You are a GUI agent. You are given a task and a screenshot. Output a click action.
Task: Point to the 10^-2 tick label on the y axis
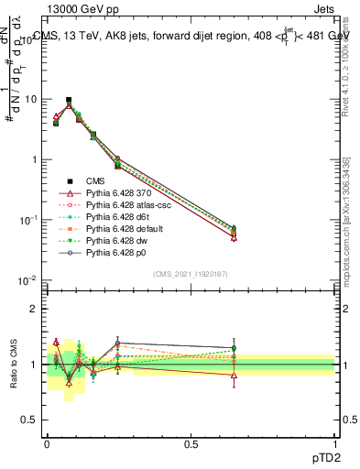[x=27, y=280]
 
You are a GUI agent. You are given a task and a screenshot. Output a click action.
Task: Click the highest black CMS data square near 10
[x=69, y=101]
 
